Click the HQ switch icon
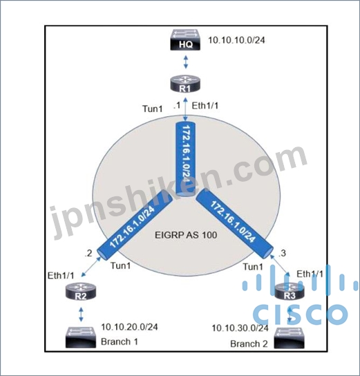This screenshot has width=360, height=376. click(x=185, y=39)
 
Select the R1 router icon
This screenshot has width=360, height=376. click(x=185, y=84)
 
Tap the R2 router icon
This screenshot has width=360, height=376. click(x=81, y=292)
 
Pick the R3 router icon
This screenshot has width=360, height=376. click(x=290, y=292)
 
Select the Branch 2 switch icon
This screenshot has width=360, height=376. click(x=290, y=338)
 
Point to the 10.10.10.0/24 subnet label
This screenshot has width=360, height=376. click(x=236, y=40)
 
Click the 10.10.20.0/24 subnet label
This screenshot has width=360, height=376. click(x=129, y=327)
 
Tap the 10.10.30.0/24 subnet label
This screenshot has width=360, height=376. click(x=240, y=328)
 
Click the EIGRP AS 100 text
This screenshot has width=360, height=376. click(x=186, y=235)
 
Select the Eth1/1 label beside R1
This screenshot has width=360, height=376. click(x=205, y=106)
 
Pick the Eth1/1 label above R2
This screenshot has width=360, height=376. click(x=61, y=276)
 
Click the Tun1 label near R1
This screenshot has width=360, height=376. click(x=153, y=109)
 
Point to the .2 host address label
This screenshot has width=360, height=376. click(x=88, y=254)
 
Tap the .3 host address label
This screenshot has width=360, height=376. click(x=283, y=253)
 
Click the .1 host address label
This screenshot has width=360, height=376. click(x=177, y=105)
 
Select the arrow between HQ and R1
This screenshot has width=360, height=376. click(x=185, y=62)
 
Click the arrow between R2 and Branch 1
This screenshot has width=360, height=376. click(x=81, y=314)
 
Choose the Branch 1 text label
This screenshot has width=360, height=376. click(x=120, y=341)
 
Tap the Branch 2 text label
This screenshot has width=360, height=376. click(x=249, y=344)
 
